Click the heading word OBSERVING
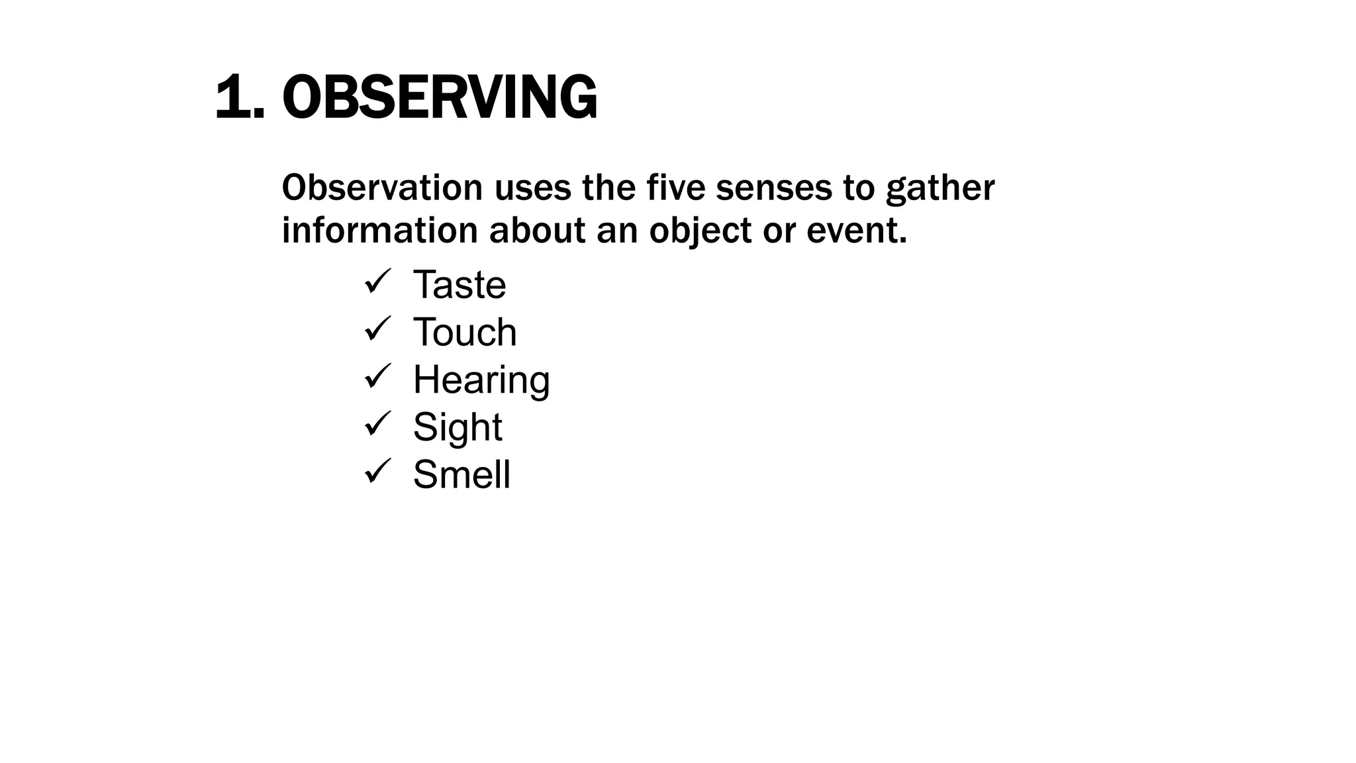coord(440,98)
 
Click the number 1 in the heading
coord(232,98)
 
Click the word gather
coord(940,189)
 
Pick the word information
coord(379,230)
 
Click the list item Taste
coord(460,285)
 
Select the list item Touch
coord(465,332)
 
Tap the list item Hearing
coord(481,380)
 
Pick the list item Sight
coord(458,427)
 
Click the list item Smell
coord(461,474)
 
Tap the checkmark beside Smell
coord(378,471)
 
